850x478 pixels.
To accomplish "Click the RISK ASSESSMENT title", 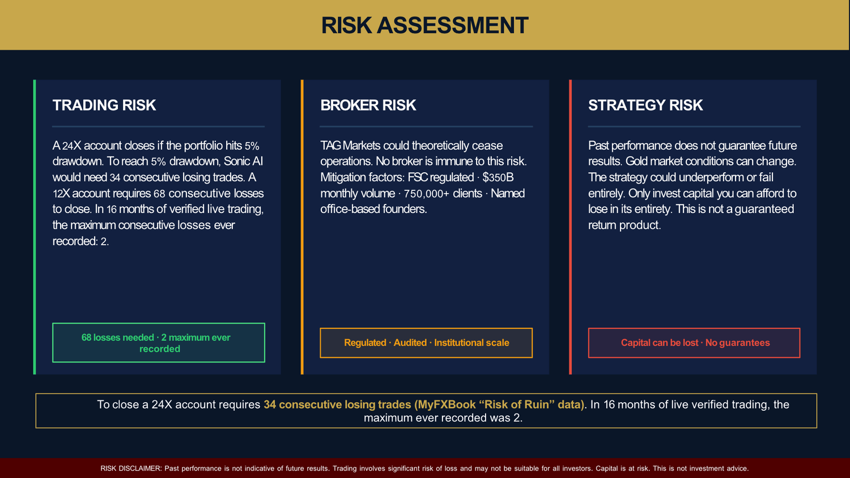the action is tap(424, 25).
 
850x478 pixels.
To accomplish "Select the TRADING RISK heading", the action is tap(104, 105).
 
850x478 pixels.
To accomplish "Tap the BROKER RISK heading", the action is tap(368, 105).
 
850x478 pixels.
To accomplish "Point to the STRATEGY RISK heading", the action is tap(645, 105).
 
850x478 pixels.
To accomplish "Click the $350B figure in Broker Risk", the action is tap(498, 177).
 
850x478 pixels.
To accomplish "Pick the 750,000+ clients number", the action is tap(426, 194).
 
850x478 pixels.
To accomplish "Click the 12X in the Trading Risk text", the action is tap(61, 194).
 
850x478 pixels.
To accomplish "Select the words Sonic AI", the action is tap(243, 161).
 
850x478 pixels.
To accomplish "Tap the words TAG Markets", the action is tap(350, 146).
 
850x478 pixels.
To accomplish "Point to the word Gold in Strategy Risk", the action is tap(636, 161).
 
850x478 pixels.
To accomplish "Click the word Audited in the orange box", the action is tap(410, 343).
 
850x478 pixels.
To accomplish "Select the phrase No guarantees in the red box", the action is tap(737, 343).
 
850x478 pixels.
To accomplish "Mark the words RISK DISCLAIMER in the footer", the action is tap(130, 468).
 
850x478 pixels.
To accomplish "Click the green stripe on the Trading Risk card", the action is tap(35, 227).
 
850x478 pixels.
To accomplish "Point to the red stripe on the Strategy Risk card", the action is tap(570, 227).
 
